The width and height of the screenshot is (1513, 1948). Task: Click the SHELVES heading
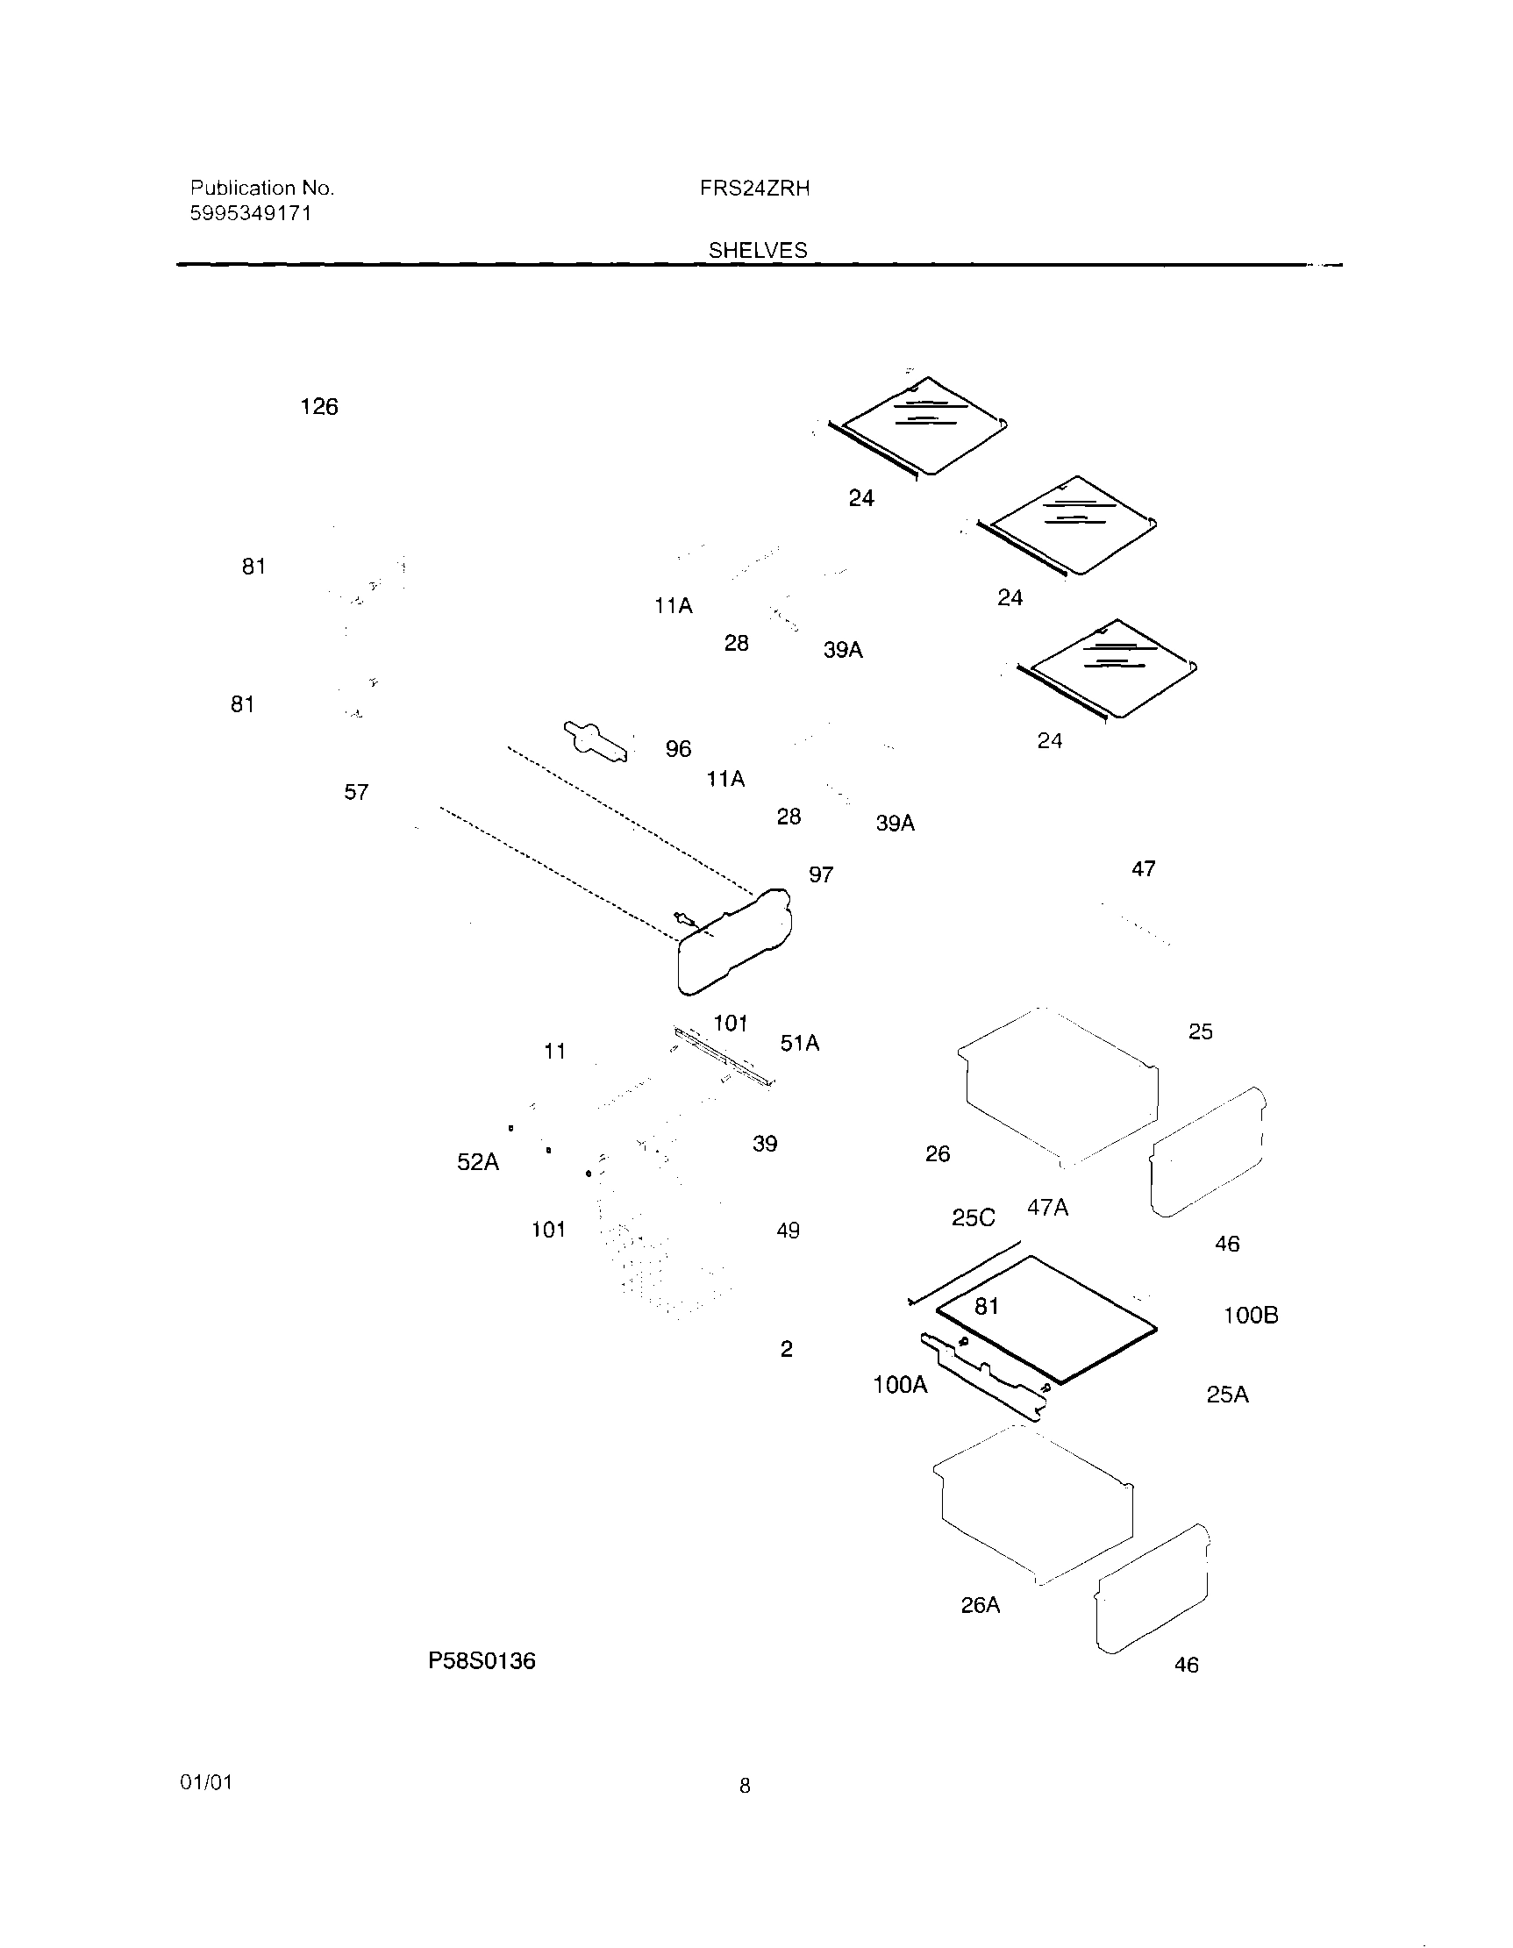tap(758, 251)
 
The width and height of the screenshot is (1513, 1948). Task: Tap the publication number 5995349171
tap(251, 213)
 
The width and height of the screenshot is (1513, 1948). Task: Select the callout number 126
tap(318, 407)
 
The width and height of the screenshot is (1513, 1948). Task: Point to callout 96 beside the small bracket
tap(678, 749)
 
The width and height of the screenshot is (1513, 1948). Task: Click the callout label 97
tap(821, 875)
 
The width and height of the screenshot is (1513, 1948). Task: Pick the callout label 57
tap(356, 792)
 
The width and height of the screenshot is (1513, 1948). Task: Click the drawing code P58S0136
tap(482, 1661)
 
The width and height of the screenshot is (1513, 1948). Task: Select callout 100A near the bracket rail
tap(900, 1384)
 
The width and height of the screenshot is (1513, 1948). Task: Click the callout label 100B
tap(1250, 1315)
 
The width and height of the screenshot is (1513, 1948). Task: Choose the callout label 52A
tap(478, 1162)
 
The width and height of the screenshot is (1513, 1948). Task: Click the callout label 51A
tap(799, 1043)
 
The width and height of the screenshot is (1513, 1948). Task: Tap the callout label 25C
tap(974, 1218)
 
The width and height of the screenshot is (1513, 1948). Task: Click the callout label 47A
tap(1047, 1208)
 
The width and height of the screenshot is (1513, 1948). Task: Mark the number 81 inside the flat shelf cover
tap(986, 1307)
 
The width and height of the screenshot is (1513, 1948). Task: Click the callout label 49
tap(788, 1231)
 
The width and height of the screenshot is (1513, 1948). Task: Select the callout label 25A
tap(1227, 1395)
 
